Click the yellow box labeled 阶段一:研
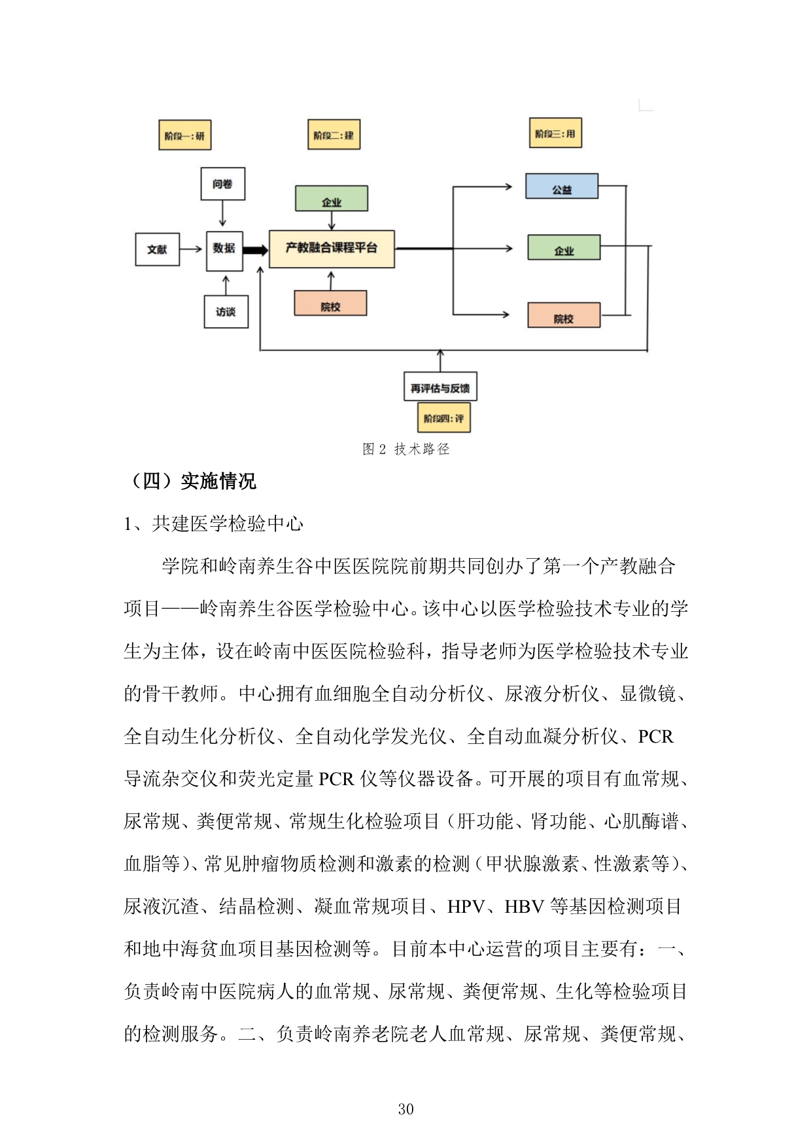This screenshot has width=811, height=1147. [x=184, y=135]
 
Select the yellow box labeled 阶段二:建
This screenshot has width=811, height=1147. [x=334, y=135]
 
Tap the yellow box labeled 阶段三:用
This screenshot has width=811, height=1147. [x=555, y=133]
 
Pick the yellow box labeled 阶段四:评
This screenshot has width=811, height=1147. [x=443, y=418]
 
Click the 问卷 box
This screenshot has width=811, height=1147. [x=222, y=184]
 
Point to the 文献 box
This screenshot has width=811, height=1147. [x=157, y=249]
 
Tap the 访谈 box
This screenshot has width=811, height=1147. [x=226, y=312]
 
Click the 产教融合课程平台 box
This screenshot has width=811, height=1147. [x=332, y=249]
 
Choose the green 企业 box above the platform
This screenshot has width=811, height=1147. [x=332, y=199]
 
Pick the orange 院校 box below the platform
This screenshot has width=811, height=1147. [x=330, y=304]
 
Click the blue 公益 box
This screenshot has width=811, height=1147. [x=562, y=186]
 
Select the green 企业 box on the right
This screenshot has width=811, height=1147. [x=564, y=248]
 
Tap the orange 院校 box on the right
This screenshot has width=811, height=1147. [x=564, y=315]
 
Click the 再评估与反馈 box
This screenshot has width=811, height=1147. [x=440, y=387]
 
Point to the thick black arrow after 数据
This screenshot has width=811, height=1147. [x=256, y=250]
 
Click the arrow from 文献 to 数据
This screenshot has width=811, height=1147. [x=192, y=249]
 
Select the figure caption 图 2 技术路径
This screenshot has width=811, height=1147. [x=406, y=449]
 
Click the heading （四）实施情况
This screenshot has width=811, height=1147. [x=193, y=481]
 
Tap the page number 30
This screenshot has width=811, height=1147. [x=405, y=1109]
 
